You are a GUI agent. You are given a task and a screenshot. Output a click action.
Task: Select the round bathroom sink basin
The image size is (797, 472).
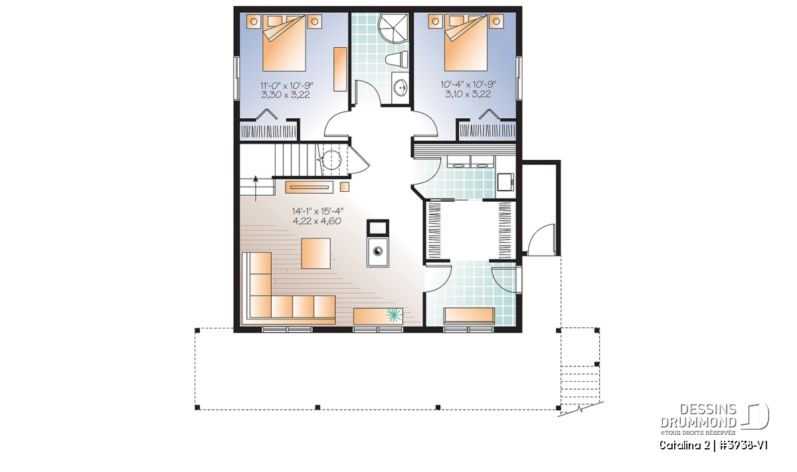[x=402, y=88]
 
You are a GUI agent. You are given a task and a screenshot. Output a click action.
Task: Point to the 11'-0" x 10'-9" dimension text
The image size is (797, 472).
[x=286, y=86]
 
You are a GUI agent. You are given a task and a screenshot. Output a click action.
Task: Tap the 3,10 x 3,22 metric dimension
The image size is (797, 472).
[x=468, y=94]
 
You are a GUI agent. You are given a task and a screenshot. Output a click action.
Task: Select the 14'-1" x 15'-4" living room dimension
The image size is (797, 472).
[x=317, y=212]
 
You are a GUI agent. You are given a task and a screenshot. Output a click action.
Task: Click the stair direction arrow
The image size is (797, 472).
[x=256, y=188]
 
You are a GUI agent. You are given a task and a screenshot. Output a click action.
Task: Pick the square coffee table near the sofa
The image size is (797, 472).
[x=315, y=253]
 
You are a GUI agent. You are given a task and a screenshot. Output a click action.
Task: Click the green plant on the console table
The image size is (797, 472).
[x=395, y=315]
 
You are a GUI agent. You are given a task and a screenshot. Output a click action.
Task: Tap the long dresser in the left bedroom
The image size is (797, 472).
[x=340, y=69]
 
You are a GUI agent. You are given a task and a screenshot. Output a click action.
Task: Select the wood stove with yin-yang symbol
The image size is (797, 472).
[x=377, y=252]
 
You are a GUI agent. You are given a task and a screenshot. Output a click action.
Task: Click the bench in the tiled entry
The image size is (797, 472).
[x=470, y=316]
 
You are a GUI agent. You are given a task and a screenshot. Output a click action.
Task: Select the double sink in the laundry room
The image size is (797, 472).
[x=470, y=162]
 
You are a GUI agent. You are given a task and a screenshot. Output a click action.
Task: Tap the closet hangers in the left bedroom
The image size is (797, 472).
[x=268, y=132]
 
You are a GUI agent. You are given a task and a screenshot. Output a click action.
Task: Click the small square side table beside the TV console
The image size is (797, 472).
[x=345, y=187]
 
